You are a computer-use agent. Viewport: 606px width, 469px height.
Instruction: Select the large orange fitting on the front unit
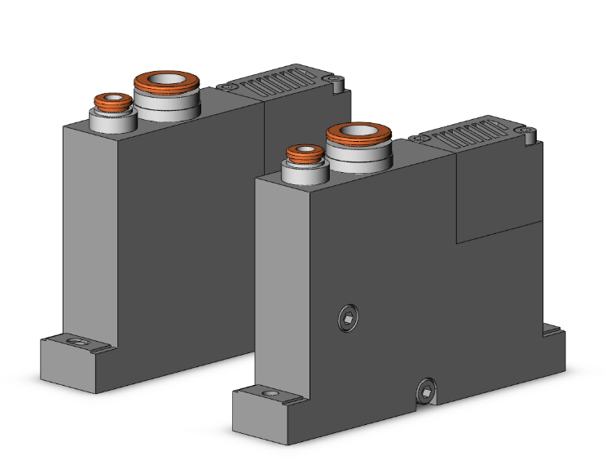(x=358, y=134)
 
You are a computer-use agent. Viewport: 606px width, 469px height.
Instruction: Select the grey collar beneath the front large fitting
(x=358, y=159)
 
